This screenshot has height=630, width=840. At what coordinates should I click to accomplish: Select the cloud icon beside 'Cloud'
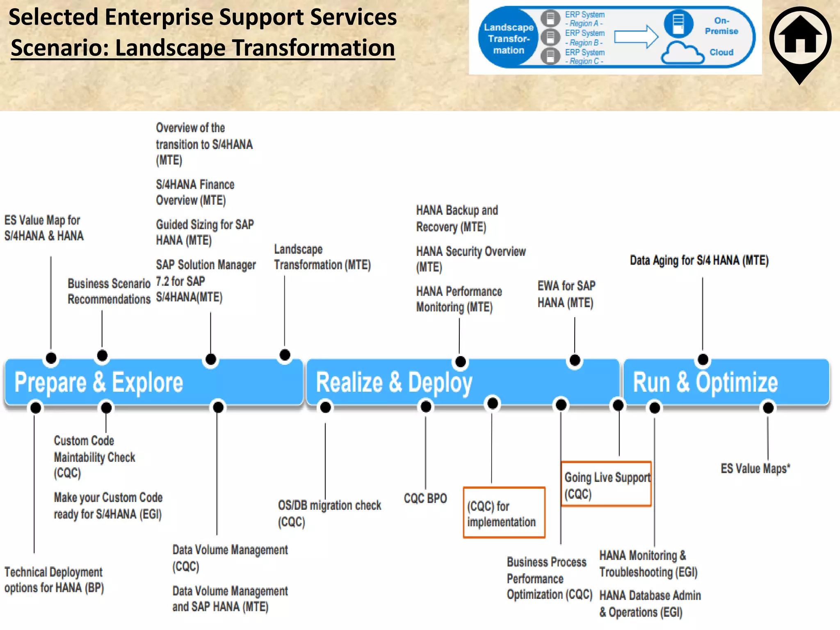pos(682,53)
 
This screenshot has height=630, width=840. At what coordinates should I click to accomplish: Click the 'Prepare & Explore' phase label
pos(98,382)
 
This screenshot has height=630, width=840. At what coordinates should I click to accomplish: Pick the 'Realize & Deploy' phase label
pos(394,382)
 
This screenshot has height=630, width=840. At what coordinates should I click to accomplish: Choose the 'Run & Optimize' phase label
pos(705,382)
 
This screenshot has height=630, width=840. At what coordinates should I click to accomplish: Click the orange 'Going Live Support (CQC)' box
pos(606,484)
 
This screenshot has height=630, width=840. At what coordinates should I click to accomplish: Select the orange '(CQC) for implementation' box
pos(504,513)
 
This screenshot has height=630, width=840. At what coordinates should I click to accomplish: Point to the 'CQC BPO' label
pos(425,498)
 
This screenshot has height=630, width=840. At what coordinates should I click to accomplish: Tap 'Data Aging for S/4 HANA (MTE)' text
pos(699,260)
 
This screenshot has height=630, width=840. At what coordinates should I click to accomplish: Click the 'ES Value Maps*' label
pos(755,468)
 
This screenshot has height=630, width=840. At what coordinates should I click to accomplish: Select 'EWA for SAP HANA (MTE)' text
pos(566,294)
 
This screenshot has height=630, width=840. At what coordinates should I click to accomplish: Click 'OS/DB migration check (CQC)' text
pos(329,513)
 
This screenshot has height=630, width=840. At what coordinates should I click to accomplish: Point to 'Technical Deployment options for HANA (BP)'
pos(54,580)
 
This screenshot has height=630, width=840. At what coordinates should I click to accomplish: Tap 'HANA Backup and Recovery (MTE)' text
pos(457,218)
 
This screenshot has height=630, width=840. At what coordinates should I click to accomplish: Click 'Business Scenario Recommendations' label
pos(109,291)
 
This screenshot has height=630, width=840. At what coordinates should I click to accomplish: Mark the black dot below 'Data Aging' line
pos(703,359)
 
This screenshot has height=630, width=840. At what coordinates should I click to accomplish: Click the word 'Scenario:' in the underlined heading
pos(60,48)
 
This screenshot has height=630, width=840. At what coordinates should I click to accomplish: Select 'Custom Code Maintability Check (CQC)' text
pos(94,457)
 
